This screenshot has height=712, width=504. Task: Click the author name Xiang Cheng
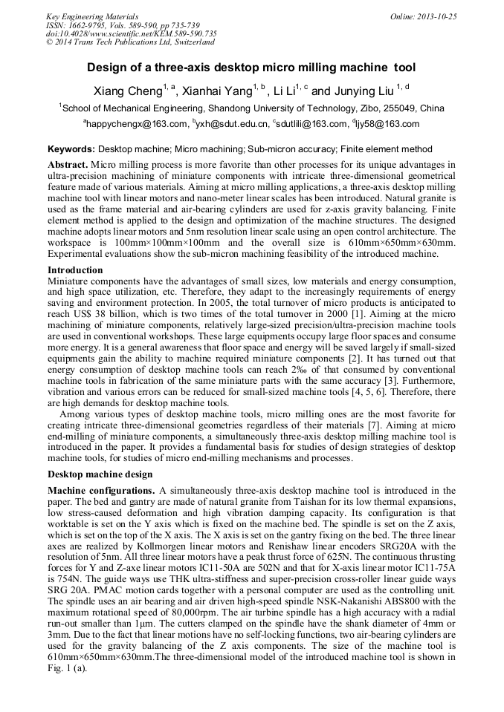click(x=127, y=91)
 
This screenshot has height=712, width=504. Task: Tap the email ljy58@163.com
click(x=387, y=124)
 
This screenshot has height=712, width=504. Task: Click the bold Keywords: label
click(x=71, y=149)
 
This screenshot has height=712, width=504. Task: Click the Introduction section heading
click(x=75, y=270)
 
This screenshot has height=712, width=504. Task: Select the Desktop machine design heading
click(x=100, y=474)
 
